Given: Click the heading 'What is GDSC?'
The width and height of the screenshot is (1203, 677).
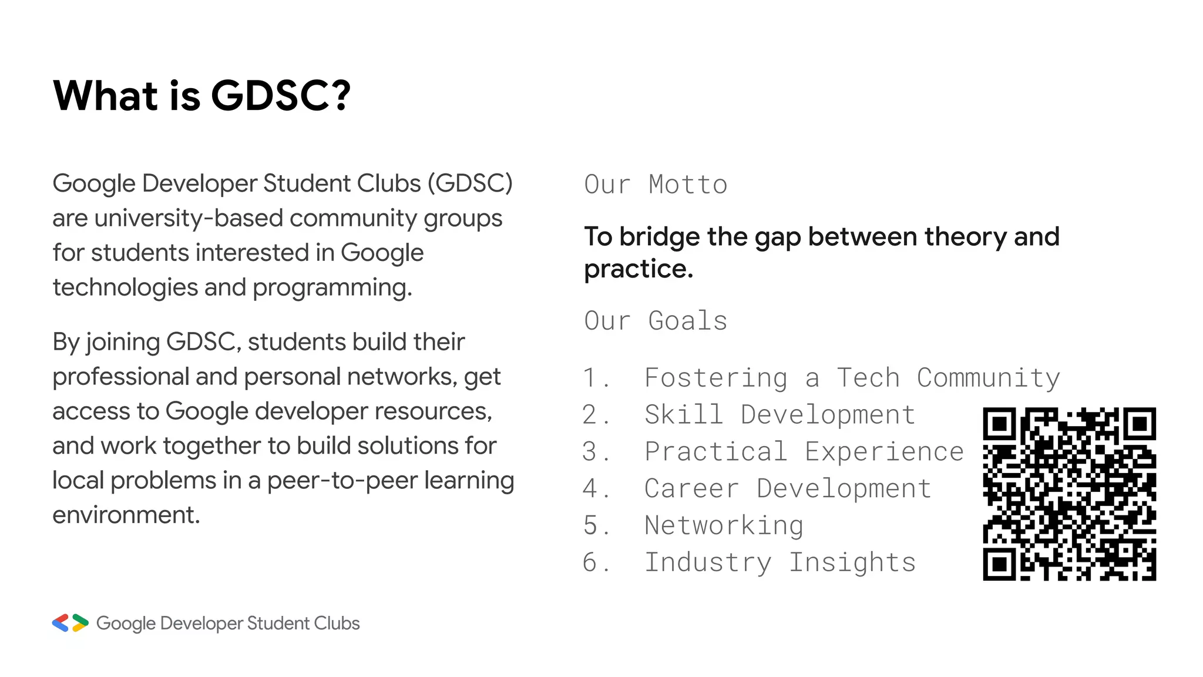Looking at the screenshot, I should pyautogui.click(x=201, y=95).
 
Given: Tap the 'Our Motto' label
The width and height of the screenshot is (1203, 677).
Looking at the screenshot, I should pyautogui.click(x=656, y=185).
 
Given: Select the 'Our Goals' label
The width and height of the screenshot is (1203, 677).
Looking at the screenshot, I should pyautogui.click(x=656, y=321).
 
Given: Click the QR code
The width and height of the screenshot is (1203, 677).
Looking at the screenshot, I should pyautogui.click(x=1069, y=494).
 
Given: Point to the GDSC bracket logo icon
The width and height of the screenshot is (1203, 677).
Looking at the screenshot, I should pyautogui.click(x=70, y=623).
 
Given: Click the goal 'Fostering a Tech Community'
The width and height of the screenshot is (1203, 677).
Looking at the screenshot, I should pyautogui.click(x=852, y=378).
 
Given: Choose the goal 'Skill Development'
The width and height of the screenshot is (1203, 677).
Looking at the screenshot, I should pyautogui.click(x=780, y=415).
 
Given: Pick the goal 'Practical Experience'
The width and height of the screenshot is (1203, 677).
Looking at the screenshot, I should pyautogui.click(x=804, y=452).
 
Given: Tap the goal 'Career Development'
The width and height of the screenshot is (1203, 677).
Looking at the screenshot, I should pyautogui.click(x=788, y=489).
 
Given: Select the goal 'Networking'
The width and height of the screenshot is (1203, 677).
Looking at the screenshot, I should pyautogui.click(x=724, y=525).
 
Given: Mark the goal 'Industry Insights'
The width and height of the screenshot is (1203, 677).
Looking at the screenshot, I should pyautogui.click(x=780, y=562).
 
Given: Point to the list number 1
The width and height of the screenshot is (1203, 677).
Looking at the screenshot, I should pyautogui.click(x=591, y=378).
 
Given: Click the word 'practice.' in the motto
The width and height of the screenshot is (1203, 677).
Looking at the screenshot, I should pyautogui.click(x=639, y=269).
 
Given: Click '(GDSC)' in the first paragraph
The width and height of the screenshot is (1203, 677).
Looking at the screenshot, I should pyautogui.click(x=470, y=183).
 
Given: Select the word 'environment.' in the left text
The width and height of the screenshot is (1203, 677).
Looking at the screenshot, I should pyautogui.click(x=126, y=515).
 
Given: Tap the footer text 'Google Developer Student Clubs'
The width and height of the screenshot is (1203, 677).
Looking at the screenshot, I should pyautogui.click(x=228, y=623).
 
